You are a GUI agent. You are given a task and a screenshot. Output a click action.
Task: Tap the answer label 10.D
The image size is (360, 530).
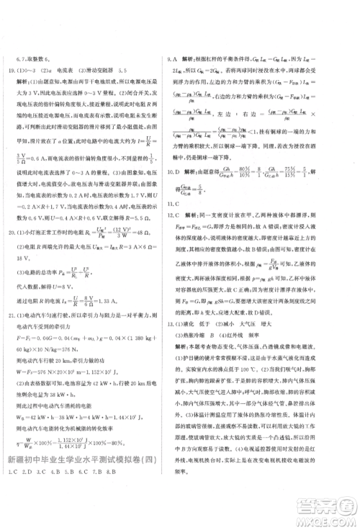coord(174,173)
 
